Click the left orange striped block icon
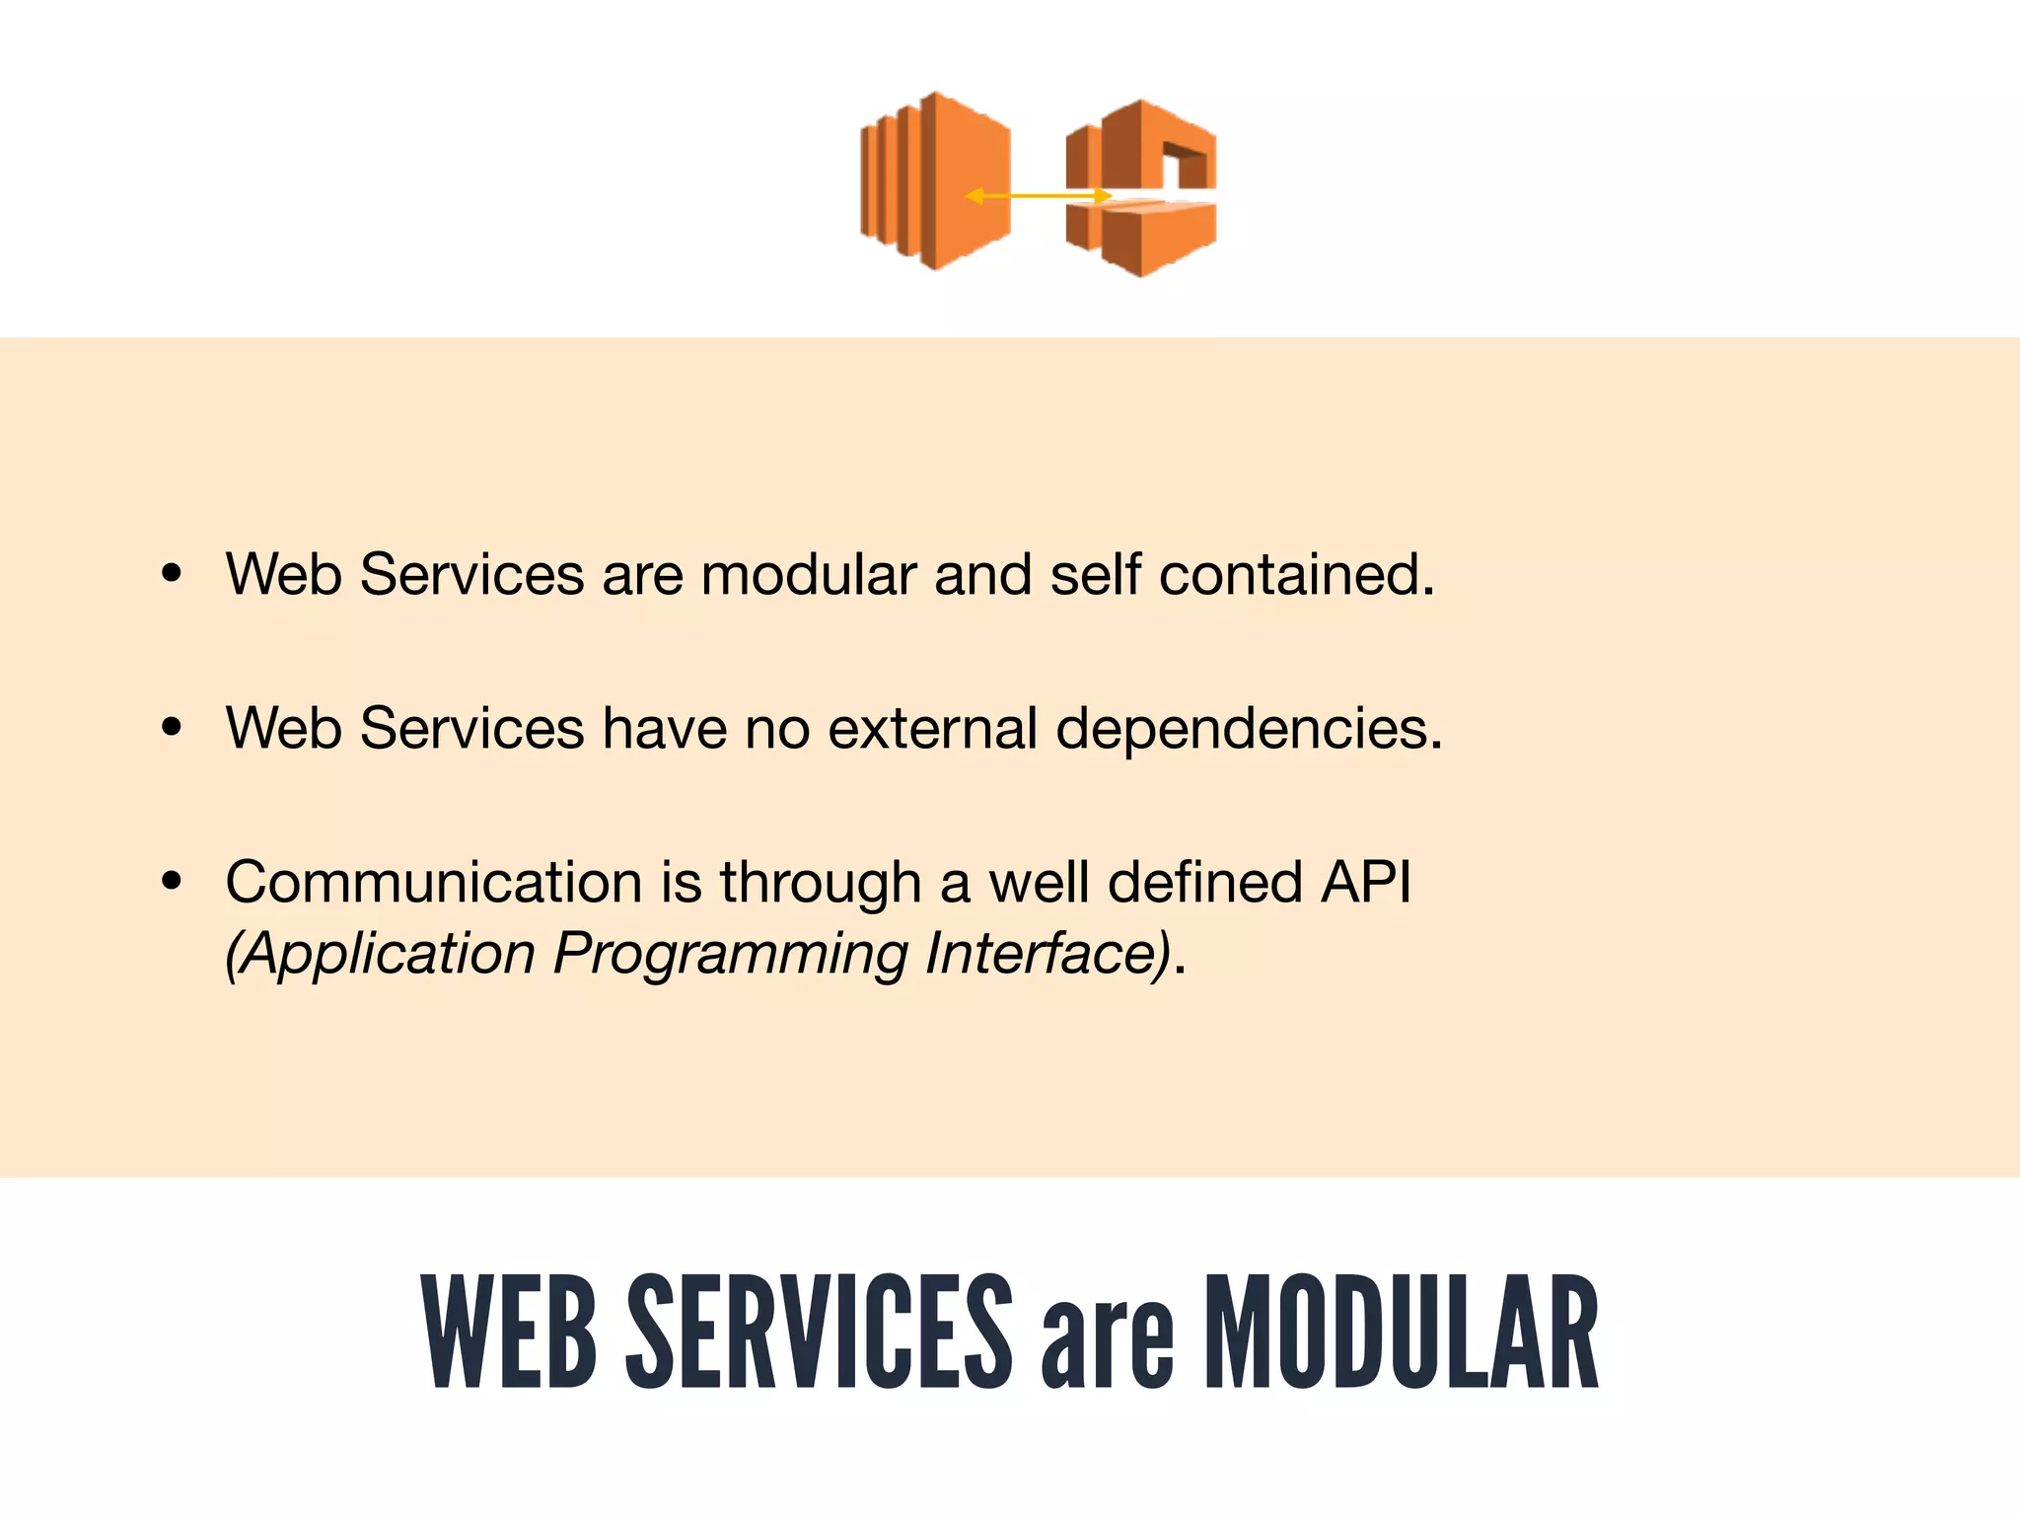(x=933, y=180)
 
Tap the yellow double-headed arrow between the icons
(x=1038, y=196)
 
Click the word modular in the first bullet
(x=809, y=574)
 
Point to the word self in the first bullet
(x=1095, y=574)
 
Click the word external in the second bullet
(x=932, y=728)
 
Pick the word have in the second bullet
(x=664, y=728)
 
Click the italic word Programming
(x=730, y=955)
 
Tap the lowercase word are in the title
(x=1108, y=1343)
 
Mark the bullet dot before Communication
(x=173, y=881)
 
